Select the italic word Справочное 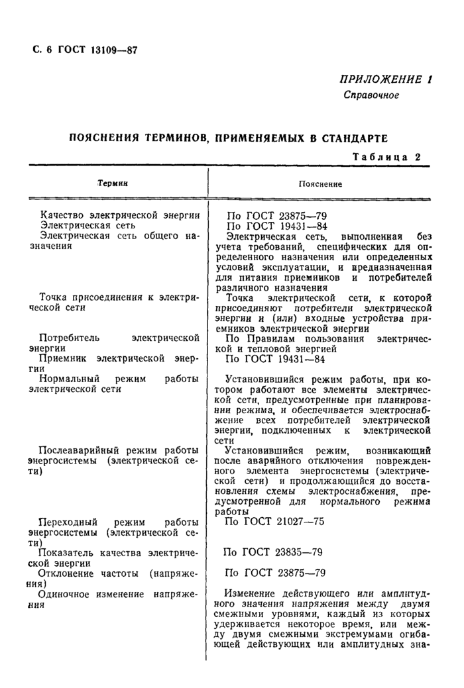point(371,95)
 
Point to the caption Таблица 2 point(387,156)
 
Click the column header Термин point(112,183)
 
